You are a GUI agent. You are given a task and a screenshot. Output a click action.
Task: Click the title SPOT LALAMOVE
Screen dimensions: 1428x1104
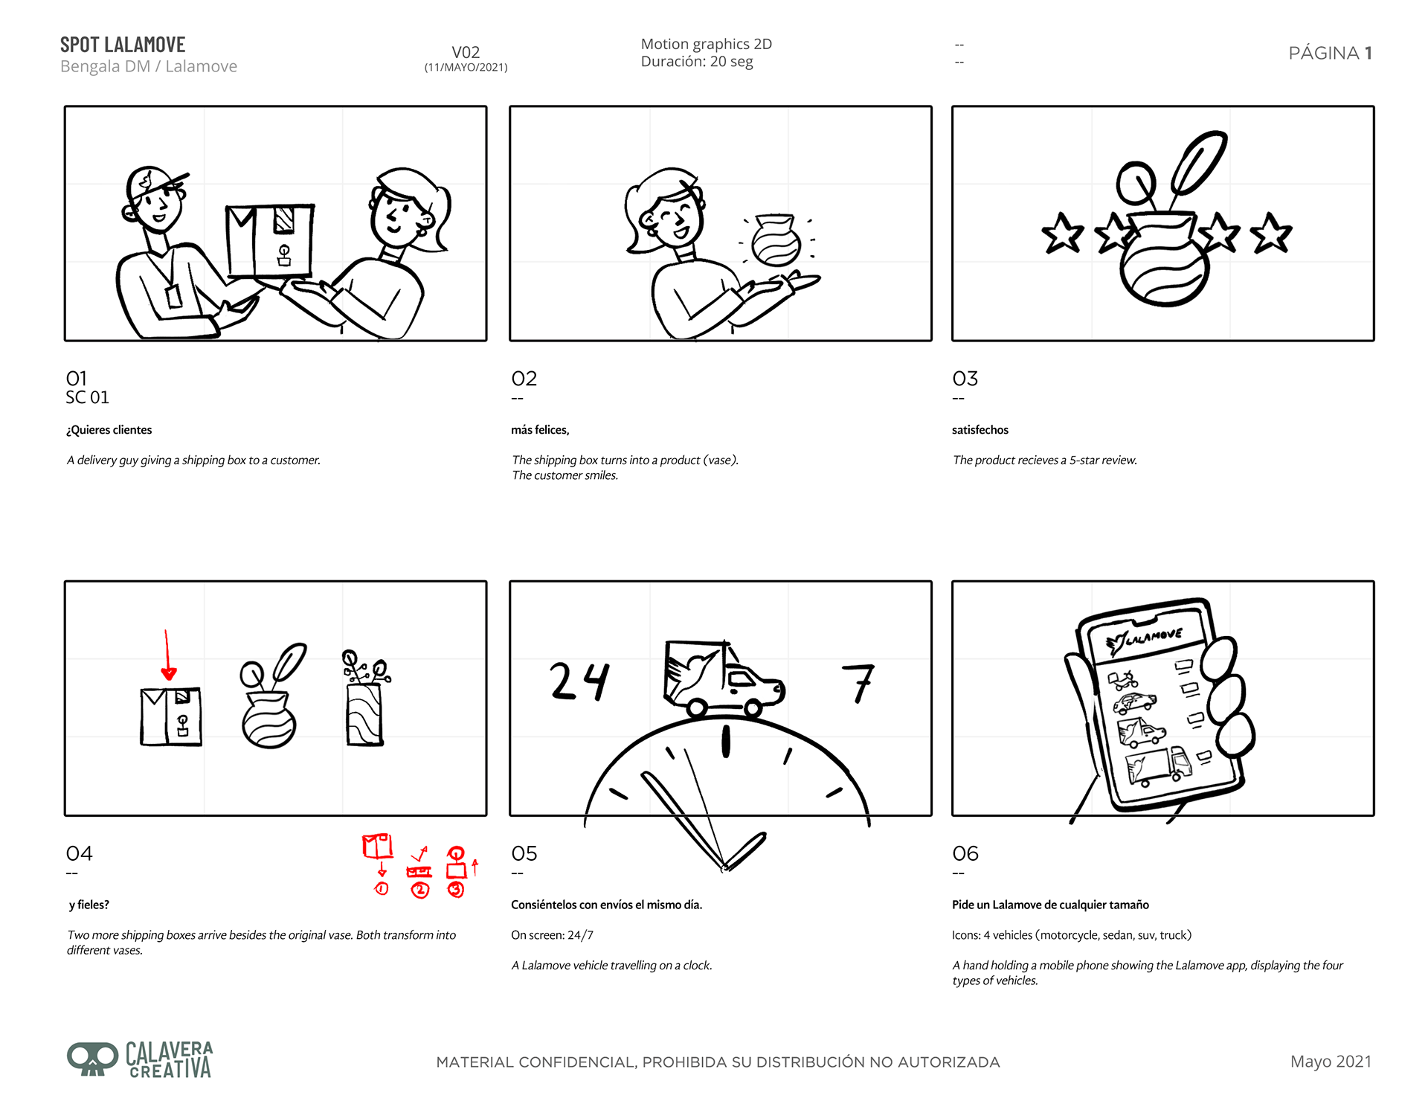pos(123,45)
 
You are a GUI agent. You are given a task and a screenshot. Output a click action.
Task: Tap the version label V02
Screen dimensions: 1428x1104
pos(466,52)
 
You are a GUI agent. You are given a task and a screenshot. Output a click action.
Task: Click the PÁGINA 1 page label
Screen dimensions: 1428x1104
pos(1330,53)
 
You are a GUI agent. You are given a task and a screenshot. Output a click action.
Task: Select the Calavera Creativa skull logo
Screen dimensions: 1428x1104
pos(93,1059)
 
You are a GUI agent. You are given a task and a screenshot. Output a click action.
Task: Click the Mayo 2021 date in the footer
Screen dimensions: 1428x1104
pos(1331,1062)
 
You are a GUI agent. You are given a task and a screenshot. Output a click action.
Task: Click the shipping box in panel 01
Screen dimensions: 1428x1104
pos(270,240)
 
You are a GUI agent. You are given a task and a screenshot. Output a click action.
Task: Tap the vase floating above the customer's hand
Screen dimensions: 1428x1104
pos(776,240)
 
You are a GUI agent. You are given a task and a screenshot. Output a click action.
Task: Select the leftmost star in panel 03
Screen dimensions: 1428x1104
pos(1062,234)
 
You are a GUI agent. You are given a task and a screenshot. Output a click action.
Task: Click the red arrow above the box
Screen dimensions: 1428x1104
pos(167,655)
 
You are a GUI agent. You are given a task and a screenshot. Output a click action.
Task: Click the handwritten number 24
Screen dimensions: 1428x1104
pos(579,681)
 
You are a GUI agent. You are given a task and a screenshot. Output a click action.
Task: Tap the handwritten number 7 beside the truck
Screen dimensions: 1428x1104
pos(859,683)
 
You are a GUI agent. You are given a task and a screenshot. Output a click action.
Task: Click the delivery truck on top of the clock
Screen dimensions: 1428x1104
pos(723,678)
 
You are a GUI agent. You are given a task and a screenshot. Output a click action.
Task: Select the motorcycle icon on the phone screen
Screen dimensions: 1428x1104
pos(1123,679)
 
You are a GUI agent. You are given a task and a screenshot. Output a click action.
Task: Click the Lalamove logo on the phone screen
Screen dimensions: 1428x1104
pos(1144,639)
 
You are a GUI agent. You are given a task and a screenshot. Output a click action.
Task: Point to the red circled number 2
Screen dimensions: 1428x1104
pos(420,890)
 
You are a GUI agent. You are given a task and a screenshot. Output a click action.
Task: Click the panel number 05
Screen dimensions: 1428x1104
pos(524,853)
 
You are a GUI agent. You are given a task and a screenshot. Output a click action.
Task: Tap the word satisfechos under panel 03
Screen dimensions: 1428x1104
pos(980,430)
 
